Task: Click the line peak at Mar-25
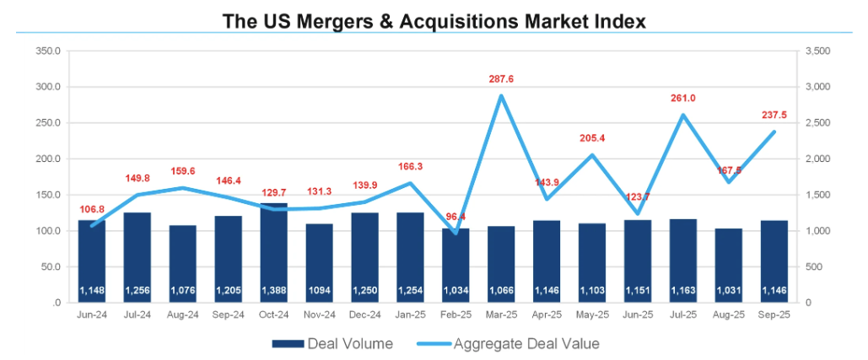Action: tap(501, 95)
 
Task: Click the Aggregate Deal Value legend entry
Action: tap(503, 343)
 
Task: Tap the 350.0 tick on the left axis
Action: tap(48, 51)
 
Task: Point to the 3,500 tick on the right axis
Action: tap(820, 51)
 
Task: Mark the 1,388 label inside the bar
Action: tap(273, 291)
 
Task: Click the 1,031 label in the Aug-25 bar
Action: tap(728, 291)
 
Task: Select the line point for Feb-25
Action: tap(456, 233)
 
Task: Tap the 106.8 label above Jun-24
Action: tap(91, 209)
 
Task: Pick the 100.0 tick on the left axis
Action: tap(48, 231)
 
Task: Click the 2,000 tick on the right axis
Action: tap(820, 159)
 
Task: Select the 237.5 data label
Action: tap(774, 115)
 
